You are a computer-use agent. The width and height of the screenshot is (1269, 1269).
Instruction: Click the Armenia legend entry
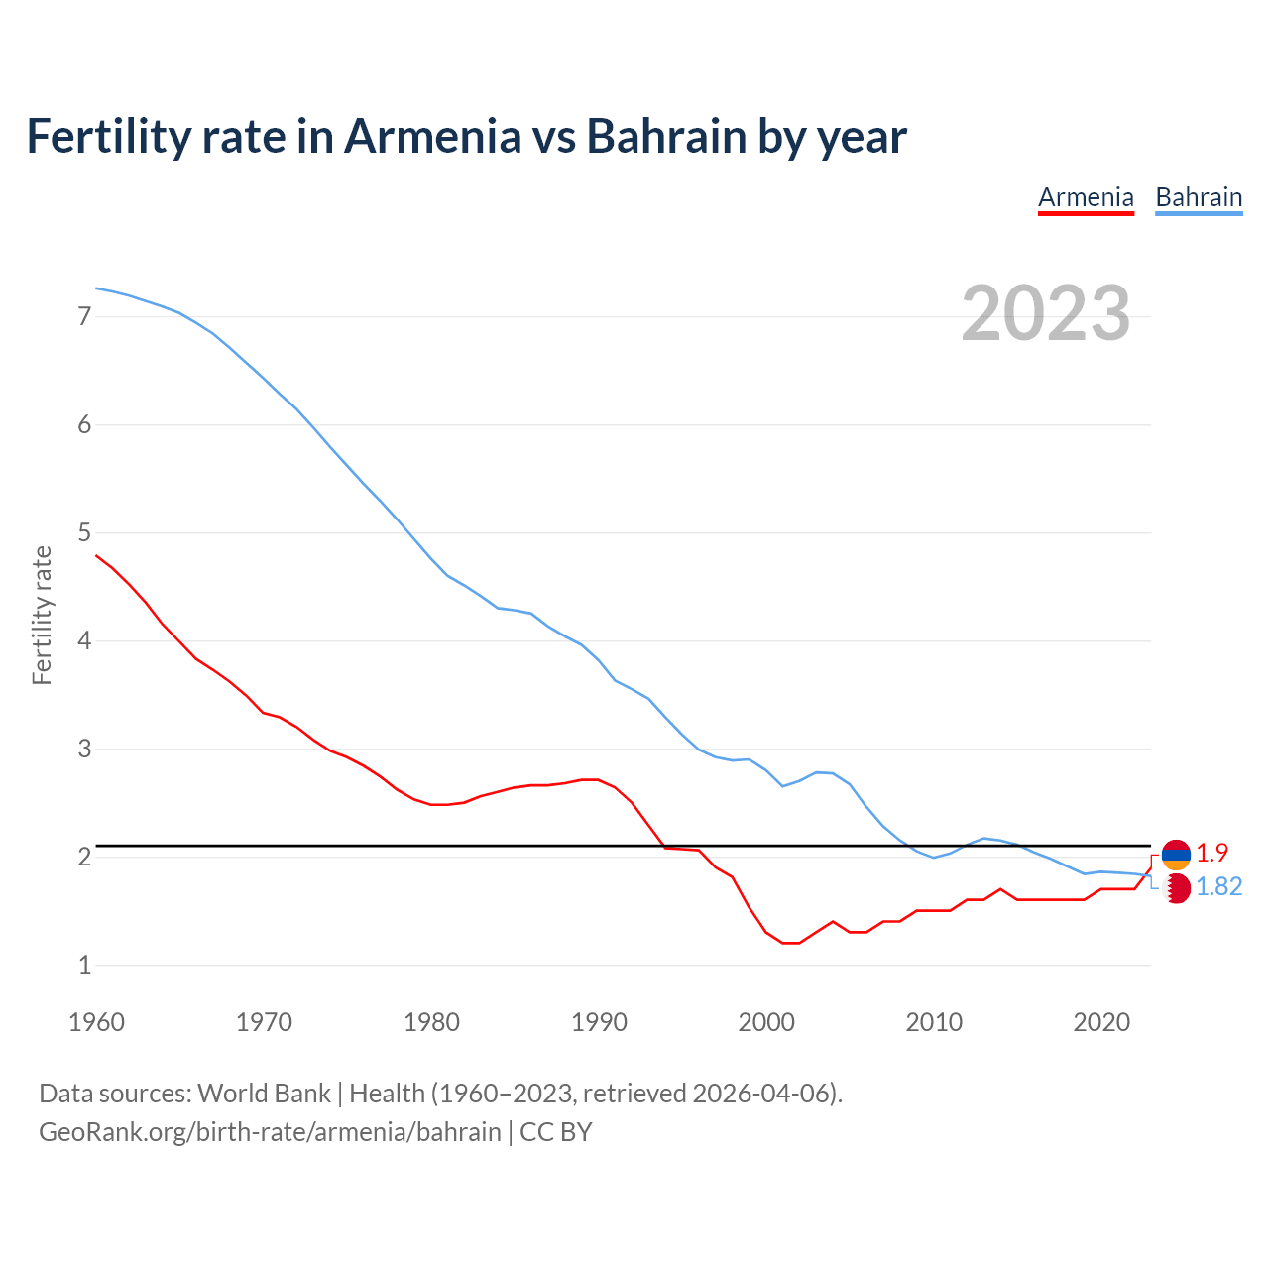(x=1086, y=197)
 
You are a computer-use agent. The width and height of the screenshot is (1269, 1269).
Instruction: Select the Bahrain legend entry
(x=1199, y=197)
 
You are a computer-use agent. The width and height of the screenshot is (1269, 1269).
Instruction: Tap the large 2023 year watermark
(x=1046, y=313)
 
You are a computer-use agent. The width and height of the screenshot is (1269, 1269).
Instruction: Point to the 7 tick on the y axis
(x=84, y=317)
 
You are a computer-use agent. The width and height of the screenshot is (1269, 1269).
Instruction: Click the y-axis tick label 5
(x=84, y=533)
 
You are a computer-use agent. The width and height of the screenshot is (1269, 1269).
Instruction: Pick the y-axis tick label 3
(x=84, y=750)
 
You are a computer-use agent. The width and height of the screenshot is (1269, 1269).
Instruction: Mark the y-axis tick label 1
(x=84, y=965)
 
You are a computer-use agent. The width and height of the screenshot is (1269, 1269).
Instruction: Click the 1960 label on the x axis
(x=96, y=1022)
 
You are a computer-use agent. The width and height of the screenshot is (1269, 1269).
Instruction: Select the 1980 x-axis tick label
(x=431, y=1022)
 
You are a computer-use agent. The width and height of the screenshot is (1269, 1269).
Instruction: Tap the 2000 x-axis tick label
(x=766, y=1022)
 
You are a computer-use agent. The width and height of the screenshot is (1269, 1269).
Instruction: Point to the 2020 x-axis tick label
(x=1101, y=1022)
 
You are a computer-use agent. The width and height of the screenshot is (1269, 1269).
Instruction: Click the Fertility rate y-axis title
(x=42, y=615)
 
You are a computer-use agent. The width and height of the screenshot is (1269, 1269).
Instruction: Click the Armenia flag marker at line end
(x=1176, y=854)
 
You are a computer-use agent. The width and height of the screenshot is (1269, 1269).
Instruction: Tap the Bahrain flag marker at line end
(x=1176, y=888)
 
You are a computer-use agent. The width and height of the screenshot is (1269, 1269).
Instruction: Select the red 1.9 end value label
(x=1211, y=853)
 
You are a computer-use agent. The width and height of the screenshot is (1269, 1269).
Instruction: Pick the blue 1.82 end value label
(x=1218, y=887)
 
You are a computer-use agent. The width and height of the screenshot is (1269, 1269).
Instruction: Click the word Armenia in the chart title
(x=431, y=136)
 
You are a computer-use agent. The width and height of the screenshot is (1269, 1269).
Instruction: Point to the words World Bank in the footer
(x=264, y=1094)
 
